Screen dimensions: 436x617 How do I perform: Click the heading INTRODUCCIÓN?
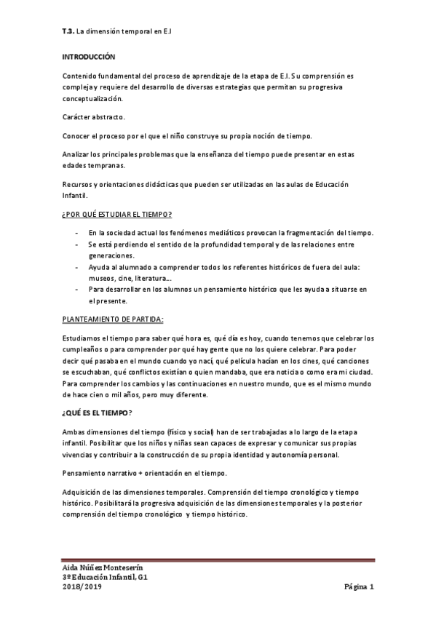[89, 56]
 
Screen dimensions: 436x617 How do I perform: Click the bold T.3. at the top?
[68, 31]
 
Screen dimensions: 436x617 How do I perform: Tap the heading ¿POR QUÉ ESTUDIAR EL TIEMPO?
[116, 215]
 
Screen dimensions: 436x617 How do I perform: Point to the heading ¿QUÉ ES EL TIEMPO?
[97, 413]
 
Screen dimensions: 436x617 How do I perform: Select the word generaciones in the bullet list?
[112, 256]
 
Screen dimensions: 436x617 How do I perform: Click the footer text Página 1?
[358, 586]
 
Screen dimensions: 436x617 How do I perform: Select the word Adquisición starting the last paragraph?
[84, 492]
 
